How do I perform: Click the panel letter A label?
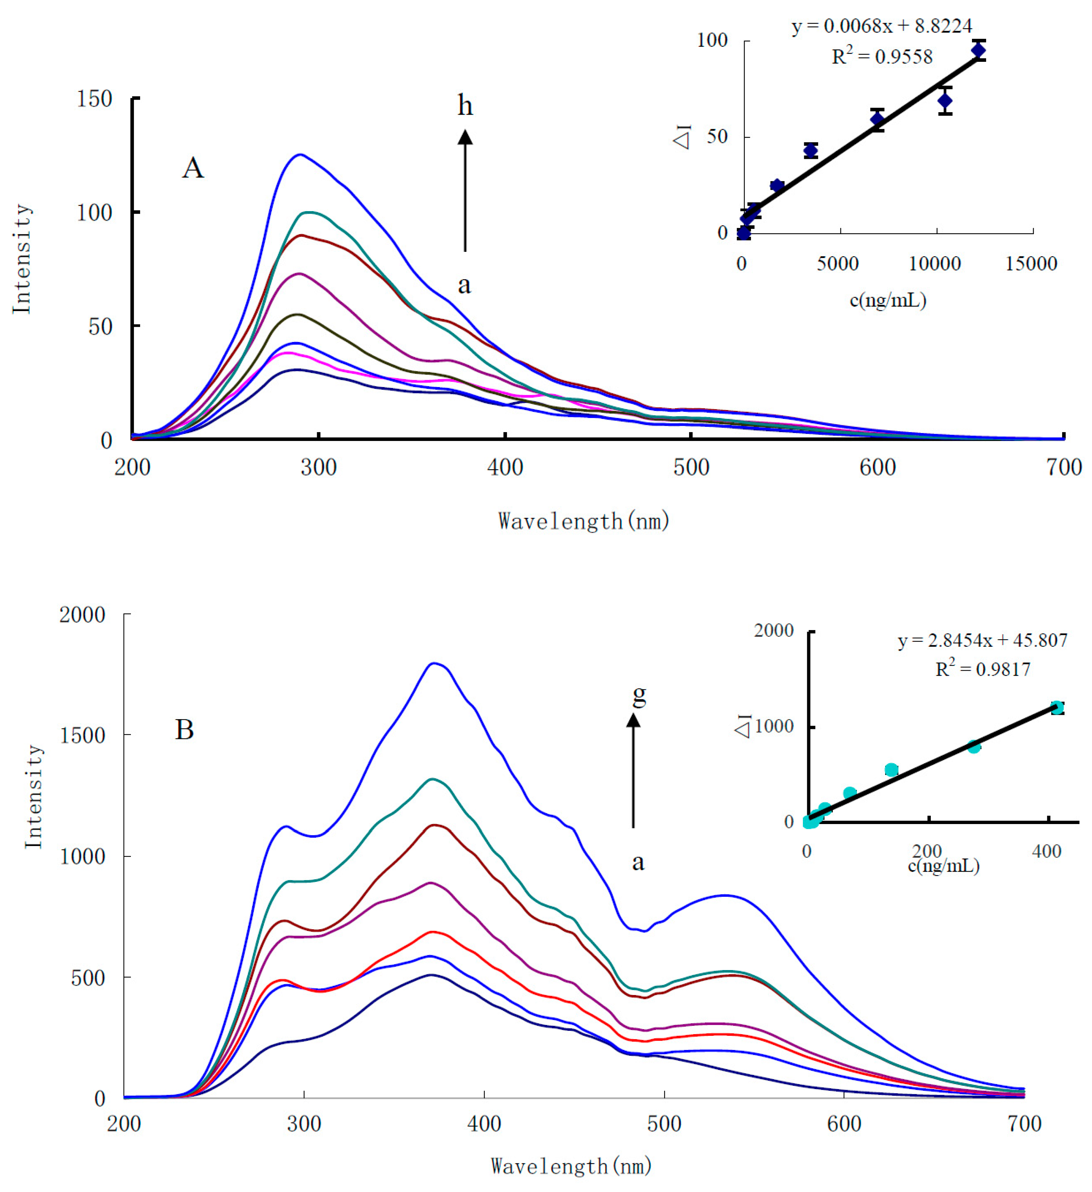(x=193, y=168)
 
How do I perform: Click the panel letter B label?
(x=185, y=730)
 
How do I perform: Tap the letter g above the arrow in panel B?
(x=639, y=695)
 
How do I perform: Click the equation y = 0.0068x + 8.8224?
(x=881, y=26)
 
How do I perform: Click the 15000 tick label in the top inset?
(x=1031, y=264)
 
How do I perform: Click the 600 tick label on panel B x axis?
(x=844, y=1123)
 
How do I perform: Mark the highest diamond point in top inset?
(x=979, y=50)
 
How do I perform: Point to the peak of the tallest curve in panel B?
(x=435, y=663)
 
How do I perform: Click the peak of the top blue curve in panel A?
(x=301, y=155)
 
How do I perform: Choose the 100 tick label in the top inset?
(x=712, y=40)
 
